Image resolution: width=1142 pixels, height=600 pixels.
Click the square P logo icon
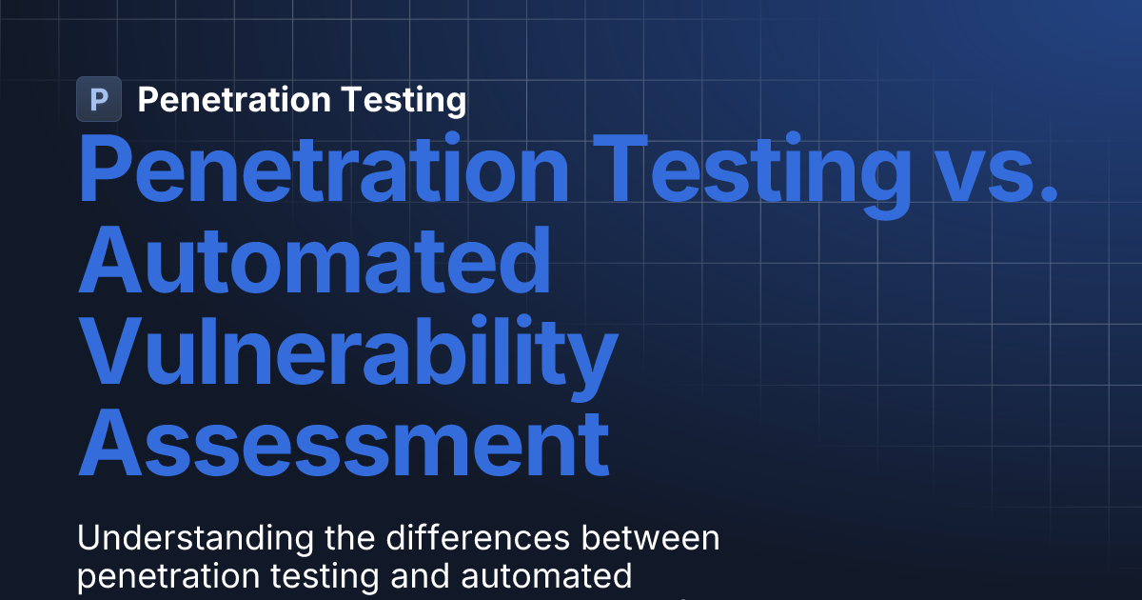pyautogui.click(x=99, y=99)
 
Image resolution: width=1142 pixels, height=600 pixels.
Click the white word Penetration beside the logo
pyautogui.click(x=226, y=99)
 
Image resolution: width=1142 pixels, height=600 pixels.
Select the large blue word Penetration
pyautogui.click(x=324, y=171)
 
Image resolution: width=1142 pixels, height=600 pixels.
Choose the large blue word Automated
pyautogui.click(x=315, y=262)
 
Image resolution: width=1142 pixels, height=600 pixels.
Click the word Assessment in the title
pyautogui.click(x=344, y=443)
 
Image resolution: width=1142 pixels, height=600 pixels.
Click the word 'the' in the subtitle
pyautogui.click(x=348, y=538)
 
